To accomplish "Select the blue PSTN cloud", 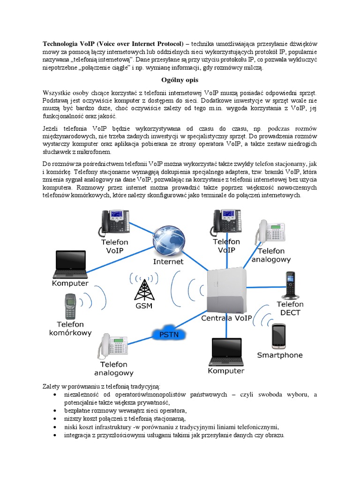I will point(168,334).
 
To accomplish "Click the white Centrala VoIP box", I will point(226,291).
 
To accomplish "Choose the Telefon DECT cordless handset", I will point(290,285).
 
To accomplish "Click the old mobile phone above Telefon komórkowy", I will point(70,306).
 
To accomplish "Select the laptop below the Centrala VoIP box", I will point(226,352).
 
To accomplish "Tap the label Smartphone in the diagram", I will point(280,355).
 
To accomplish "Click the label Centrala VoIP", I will point(226,318).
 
